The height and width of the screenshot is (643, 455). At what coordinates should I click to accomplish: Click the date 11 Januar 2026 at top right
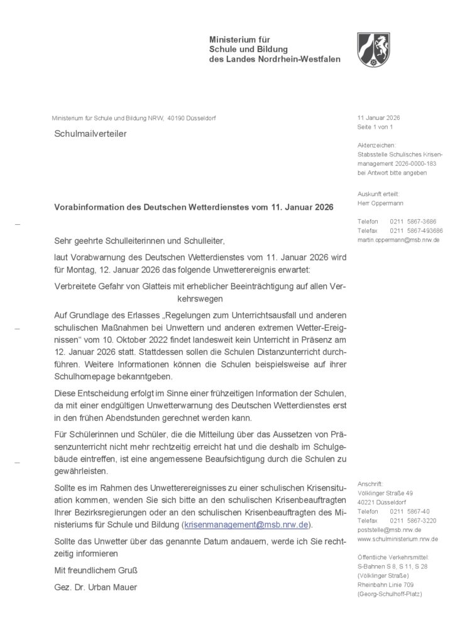[x=378, y=118]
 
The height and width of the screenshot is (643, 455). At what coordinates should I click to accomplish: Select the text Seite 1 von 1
[x=375, y=127]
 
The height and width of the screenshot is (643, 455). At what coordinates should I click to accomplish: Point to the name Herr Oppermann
[x=380, y=203]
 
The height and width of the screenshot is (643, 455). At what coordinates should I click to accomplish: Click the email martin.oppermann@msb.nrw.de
[x=398, y=240]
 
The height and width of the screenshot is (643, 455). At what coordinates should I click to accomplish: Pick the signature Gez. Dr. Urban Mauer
[x=96, y=587]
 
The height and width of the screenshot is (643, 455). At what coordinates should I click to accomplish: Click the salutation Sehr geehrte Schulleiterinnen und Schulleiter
[x=139, y=240]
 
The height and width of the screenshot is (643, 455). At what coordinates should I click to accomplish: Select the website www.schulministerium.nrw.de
[x=398, y=539]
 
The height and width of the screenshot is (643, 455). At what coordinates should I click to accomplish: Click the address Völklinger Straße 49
[x=385, y=493]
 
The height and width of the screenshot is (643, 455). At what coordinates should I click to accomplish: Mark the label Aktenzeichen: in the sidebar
[x=376, y=145]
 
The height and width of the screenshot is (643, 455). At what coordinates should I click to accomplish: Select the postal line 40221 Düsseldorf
[x=381, y=502]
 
